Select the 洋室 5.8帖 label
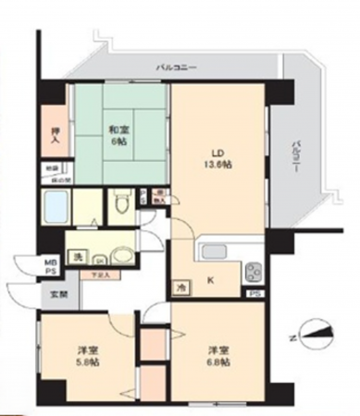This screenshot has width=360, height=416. click(x=87, y=357)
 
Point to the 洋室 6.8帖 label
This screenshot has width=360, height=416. click(x=217, y=357)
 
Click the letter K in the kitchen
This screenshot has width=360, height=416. click(x=210, y=280)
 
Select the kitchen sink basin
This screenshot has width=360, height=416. click(x=215, y=251)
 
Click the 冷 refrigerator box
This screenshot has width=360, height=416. click(x=180, y=288)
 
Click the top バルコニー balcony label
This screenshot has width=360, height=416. click(x=175, y=67)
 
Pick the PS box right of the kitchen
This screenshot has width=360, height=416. click(x=254, y=294)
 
